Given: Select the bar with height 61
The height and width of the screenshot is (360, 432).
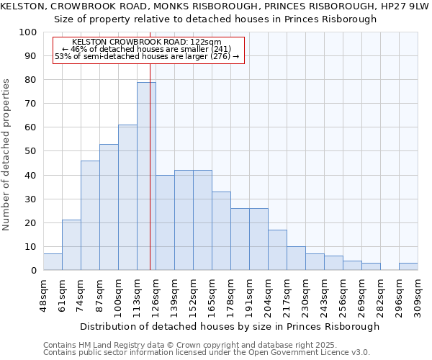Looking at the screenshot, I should pos(127,197).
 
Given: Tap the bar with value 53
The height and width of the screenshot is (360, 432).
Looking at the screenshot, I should pos(109,207).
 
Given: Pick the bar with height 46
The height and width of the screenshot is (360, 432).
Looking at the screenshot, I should pos(90,215).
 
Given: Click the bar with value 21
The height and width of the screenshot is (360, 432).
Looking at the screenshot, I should pos(71,245).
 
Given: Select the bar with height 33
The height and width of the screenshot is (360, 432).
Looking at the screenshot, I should pos(221,230).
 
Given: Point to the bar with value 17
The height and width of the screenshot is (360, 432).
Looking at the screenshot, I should pos(277,250).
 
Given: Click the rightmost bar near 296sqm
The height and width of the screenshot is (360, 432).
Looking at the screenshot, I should pos(408,266).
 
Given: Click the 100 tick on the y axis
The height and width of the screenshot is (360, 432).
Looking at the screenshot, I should pos(28,32).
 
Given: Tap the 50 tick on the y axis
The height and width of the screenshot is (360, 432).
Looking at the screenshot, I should pos(31,151).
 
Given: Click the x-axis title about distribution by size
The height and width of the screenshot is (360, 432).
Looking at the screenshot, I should pos(230,326).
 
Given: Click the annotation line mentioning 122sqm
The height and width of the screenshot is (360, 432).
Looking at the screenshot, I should pos(147,42).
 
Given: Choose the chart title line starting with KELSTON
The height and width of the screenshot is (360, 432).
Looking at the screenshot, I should pos(215,6).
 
